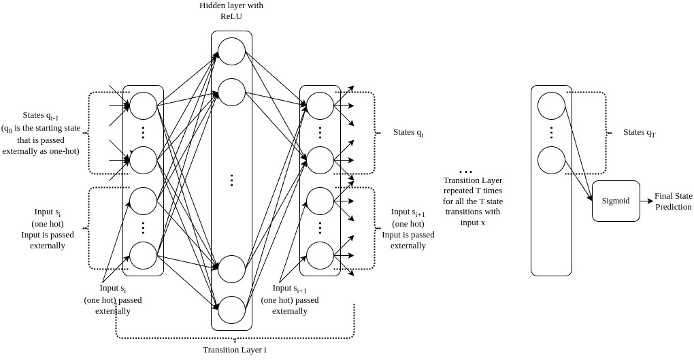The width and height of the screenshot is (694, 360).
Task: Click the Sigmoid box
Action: click(616, 201)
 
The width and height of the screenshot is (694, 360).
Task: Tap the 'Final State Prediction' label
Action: click(673, 201)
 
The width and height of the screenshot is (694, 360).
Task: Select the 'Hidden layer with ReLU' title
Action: click(231, 11)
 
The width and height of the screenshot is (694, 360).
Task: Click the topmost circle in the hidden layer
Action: click(231, 51)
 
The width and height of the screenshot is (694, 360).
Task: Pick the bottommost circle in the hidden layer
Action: click(231, 310)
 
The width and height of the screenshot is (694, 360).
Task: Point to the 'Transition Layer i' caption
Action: click(235, 350)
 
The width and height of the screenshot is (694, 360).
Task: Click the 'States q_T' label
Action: click(639, 133)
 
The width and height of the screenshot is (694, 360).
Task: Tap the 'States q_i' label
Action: click(408, 133)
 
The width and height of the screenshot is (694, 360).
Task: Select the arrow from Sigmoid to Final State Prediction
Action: click(646, 201)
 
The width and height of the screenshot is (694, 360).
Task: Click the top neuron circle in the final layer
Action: click(551, 105)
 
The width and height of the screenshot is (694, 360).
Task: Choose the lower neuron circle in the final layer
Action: click(551, 160)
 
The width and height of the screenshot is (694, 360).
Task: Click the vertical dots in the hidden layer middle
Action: click(231, 180)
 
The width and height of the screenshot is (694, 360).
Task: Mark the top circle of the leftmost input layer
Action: click(143, 105)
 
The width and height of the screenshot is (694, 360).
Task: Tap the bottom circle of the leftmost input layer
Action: click(143, 255)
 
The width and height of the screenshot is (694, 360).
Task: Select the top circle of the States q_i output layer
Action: click(320, 105)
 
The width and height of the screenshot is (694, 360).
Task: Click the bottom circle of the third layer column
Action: click(320, 255)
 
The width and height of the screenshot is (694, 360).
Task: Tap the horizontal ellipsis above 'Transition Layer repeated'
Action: click(465, 171)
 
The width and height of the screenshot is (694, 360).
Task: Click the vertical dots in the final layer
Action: click(551, 133)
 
